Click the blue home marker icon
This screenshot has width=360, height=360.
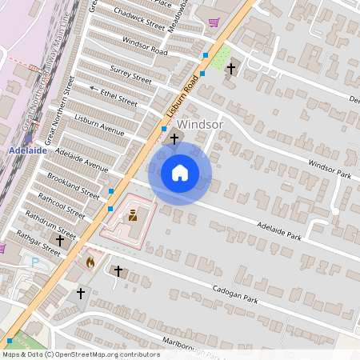(x=180, y=172)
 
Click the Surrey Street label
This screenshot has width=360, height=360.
(x=130, y=74)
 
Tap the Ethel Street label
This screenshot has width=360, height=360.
(x=118, y=97)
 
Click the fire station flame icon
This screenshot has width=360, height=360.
(x=90, y=261)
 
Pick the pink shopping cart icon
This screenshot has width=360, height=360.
(x=213, y=22)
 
